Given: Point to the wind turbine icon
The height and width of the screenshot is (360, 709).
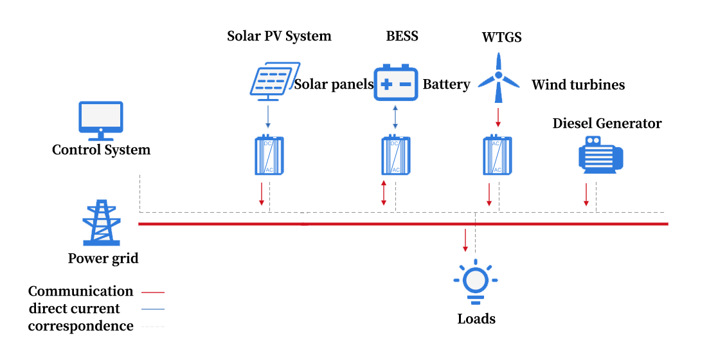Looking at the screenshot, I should coord(498,78).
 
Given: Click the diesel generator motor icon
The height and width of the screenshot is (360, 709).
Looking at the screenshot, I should coord(600,155).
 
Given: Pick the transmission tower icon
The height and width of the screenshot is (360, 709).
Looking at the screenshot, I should coord(101,223).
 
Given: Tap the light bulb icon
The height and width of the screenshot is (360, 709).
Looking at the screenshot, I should coord(476,281).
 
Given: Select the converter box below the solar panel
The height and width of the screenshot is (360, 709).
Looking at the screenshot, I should coord(269,155).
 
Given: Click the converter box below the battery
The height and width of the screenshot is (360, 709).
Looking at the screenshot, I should coord(395,155).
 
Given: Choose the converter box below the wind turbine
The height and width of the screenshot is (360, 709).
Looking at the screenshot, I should coord(497,155).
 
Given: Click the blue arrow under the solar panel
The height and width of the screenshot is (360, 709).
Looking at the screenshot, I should coord(268,117).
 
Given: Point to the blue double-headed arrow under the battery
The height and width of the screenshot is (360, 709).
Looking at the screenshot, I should coord(395,117).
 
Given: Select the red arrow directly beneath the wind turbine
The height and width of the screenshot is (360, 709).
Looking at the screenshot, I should coord(498,117).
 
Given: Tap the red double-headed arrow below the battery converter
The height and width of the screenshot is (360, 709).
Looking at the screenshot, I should coord(384,193).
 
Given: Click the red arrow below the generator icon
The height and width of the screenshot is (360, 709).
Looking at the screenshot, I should coord(586,195).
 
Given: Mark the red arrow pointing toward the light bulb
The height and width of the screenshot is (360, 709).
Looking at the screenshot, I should coord(465,240).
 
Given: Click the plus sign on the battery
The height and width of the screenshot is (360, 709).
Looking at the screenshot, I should coord(386,85).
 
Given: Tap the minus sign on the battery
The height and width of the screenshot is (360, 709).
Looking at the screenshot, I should coord(406,85).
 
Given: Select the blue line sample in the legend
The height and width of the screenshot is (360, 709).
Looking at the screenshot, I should coord(152,309).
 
